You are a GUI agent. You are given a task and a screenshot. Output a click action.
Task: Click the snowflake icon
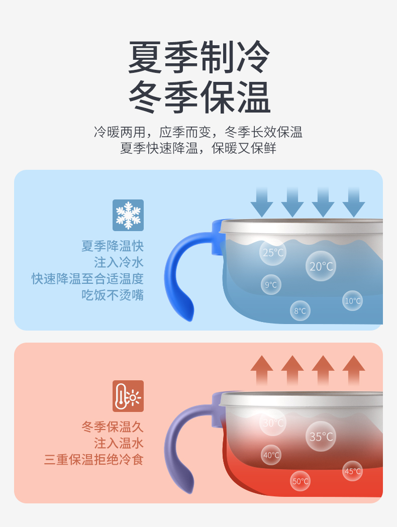[x=128, y=215]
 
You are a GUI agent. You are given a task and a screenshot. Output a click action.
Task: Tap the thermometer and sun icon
[x=128, y=396]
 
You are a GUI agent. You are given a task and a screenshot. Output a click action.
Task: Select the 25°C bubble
[x=273, y=252]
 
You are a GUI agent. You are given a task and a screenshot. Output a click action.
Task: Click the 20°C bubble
[x=321, y=266]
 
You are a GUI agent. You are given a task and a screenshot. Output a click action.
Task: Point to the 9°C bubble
[x=271, y=285]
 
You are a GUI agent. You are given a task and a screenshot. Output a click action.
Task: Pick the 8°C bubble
[x=300, y=310]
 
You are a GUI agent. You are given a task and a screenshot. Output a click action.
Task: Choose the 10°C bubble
[x=352, y=300]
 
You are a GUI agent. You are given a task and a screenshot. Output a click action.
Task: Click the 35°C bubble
[x=321, y=436]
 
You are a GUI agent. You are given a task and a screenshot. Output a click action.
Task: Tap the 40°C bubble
[x=271, y=455]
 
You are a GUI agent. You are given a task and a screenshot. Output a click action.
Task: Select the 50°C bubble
[x=300, y=481]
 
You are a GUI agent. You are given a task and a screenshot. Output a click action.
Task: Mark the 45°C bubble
[x=352, y=471]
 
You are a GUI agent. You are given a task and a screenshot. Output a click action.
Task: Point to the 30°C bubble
[x=273, y=423]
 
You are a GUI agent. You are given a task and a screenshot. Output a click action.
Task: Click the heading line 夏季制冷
[x=199, y=57]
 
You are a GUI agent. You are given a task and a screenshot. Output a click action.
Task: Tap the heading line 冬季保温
[x=199, y=96]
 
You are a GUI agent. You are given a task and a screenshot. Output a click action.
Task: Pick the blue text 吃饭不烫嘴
[x=113, y=294]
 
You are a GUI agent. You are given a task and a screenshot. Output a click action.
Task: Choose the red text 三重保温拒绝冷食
[x=94, y=459]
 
